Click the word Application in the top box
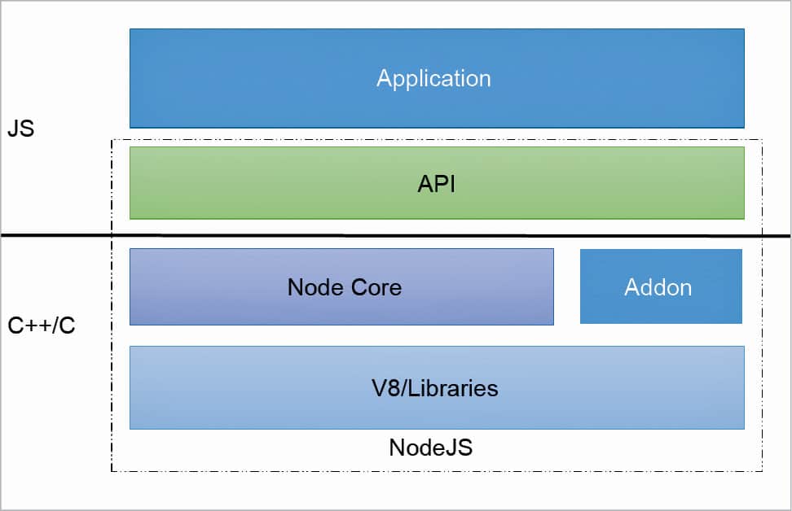click(433, 78)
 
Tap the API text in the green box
click(436, 184)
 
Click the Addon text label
click(658, 287)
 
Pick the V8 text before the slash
click(385, 387)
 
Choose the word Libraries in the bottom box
click(453, 387)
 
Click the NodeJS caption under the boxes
click(430, 448)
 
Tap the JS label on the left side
click(20, 129)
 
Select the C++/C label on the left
click(42, 327)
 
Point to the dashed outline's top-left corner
click(112, 139)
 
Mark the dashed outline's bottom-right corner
click(762, 470)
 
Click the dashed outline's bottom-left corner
click(112, 470)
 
